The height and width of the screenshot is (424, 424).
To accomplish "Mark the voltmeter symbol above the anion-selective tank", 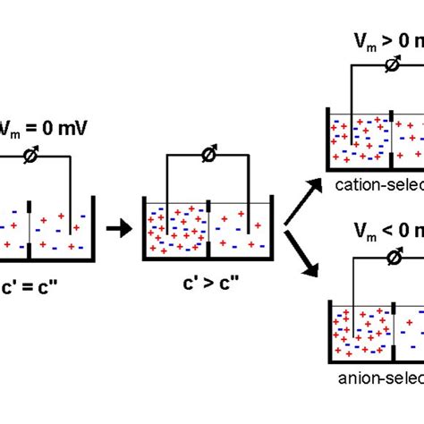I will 391,258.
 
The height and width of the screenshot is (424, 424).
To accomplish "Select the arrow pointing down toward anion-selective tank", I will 302,252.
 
